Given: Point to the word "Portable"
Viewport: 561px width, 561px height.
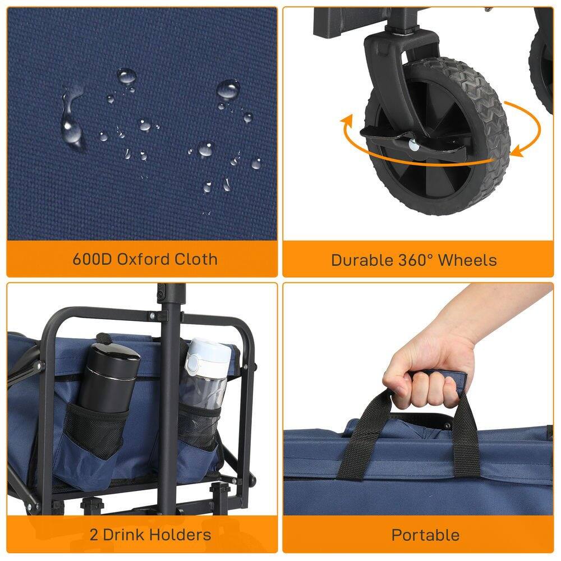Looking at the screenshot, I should pos(425,535).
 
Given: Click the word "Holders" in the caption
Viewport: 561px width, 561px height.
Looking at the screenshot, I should pos(182,535).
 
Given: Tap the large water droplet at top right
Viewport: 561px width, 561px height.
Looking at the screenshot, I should pos(228,89).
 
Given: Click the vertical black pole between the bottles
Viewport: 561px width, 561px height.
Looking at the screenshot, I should pos(169,393).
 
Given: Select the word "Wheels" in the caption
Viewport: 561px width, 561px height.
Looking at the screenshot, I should pos(467,260).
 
